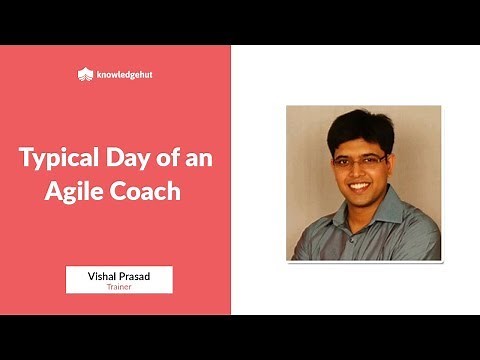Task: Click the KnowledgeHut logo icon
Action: (x=85, y=73)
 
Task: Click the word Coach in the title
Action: (x=146, y=190)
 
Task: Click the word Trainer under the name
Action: (x=119, y=285)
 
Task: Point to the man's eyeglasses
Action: (x=361, y=159)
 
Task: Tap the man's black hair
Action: (x=364, y=125)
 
